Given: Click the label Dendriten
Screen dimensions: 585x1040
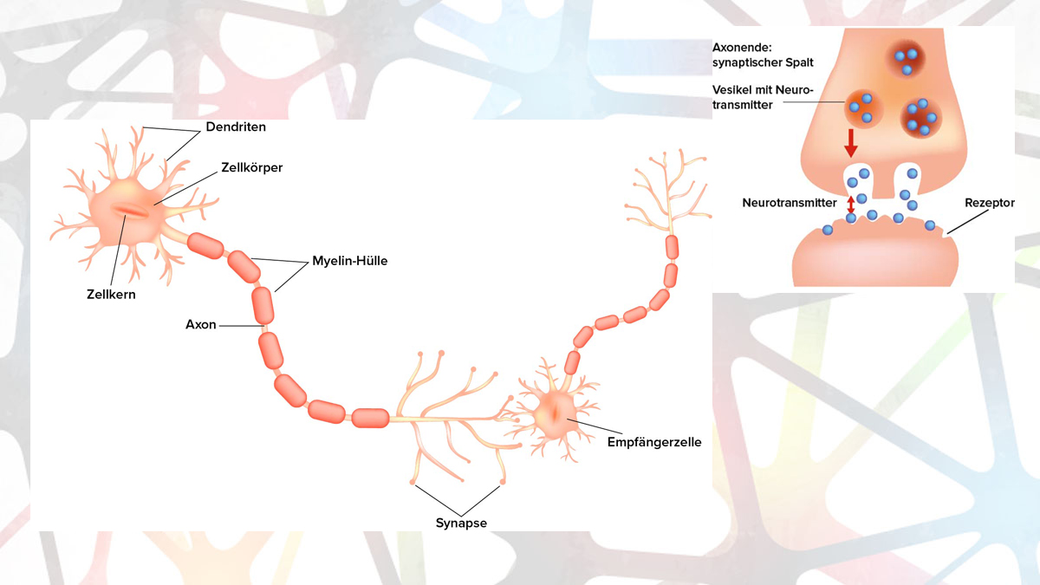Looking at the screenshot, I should point(236,127).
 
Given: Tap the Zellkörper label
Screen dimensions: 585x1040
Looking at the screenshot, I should point(252,167).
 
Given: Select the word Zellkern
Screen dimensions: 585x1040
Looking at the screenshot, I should point(110,295).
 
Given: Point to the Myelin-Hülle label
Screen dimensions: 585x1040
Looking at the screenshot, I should point(349,261).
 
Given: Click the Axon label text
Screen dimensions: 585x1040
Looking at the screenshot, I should point(200,325).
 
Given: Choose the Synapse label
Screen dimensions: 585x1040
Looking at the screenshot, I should point(461,523).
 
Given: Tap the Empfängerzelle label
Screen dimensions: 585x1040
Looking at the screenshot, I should point(654,442).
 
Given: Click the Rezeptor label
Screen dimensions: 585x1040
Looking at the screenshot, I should point(989,203).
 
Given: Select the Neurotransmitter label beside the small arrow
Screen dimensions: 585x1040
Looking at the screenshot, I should point(789,203).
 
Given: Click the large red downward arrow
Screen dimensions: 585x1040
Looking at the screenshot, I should point(851,142).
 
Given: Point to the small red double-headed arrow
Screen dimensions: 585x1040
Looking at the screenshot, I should point(851,205).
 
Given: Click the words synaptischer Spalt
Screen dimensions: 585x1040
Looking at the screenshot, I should point(763,62).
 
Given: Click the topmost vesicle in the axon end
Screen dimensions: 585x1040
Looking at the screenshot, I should point(904,59).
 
